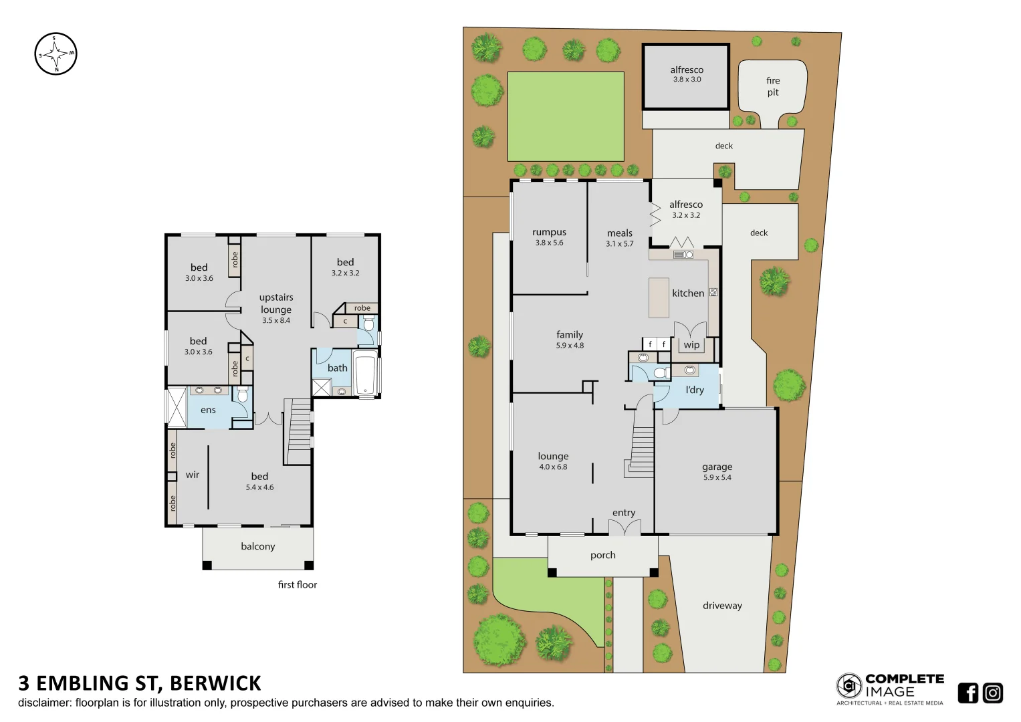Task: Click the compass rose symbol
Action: click(55, 53)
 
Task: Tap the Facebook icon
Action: click(968, 693)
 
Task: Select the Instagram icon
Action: click(993, 693)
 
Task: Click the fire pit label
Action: click(773, 86)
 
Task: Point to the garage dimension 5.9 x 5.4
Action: click(717, 477)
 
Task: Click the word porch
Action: click(602, 555)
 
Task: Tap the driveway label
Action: click(722, 605)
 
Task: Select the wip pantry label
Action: click(691, 345)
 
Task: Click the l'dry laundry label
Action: click(695, 390)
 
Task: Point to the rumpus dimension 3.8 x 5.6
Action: click(549, 243)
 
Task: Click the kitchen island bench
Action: click(659, 297)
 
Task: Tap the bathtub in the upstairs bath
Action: click(366, 373)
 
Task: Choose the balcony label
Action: click(258, 546)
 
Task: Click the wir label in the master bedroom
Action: click(193, 475)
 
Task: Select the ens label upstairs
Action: click(209, 410)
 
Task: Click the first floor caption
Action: click(297, 584)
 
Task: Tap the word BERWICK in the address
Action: click(215, 683)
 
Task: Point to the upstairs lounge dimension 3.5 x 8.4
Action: click(276, 320)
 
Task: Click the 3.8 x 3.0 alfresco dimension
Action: click(687, 80)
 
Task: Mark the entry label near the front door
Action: click(624, 513)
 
